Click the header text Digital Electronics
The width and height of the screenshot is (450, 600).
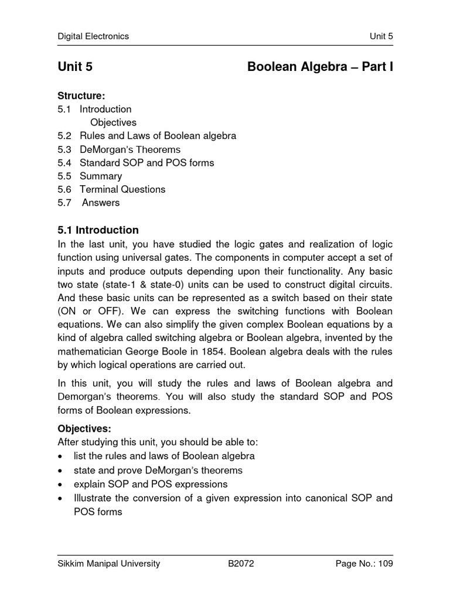(x=93, y=36)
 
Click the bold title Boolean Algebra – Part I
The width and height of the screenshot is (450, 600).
(x=320, y=67)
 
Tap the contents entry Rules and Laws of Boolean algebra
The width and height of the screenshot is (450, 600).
(x=158, y=136)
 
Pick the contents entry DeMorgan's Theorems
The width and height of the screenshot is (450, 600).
(x=130, y=149)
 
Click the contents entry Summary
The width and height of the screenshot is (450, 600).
(x=101, y=176)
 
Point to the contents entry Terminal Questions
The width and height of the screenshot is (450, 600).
(x=122, y=189)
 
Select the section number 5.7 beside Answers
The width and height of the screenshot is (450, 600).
(x=64, y=203)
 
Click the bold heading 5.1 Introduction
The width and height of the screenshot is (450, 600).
(x=98, y=230)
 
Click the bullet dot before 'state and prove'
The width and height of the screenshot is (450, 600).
(x=61, y=471)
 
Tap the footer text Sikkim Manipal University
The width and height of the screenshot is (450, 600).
(x=109, y=564)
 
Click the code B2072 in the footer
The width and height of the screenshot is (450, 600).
(x=241, y=564)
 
